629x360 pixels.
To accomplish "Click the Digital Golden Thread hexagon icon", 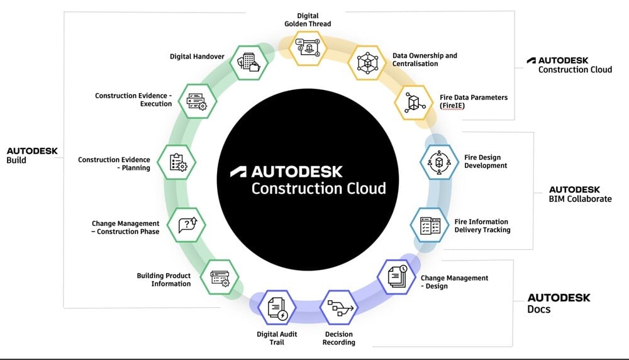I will pos(308,46).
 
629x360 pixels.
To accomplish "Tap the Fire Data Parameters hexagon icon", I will pos(413,102).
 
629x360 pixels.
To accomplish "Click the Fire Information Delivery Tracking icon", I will pos(429,226).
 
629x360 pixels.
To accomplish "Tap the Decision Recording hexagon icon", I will pos(338,308).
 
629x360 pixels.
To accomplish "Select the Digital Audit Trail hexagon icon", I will pos(277,308).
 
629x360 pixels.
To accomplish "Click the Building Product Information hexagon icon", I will pos(220,276).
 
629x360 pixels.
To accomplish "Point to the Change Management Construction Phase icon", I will pos(187,225).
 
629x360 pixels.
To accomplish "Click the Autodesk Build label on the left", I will pos(32,155).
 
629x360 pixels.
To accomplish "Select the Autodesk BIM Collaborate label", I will pos(580,194).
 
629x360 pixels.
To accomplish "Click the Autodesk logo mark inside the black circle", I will pos(238,171).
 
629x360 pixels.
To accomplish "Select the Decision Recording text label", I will pos(338,338).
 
